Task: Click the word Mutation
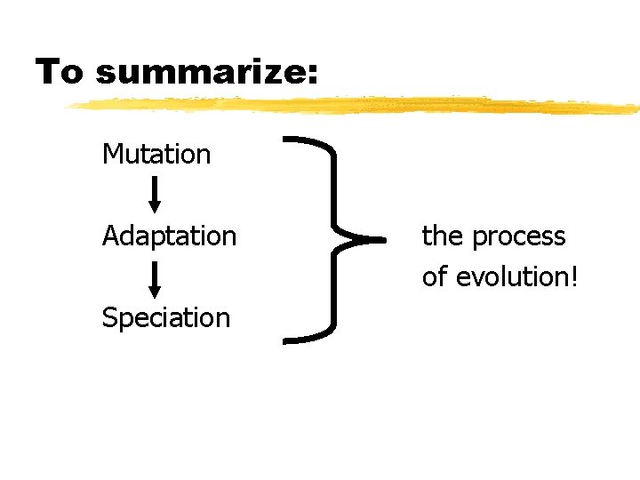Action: pyautogui.click(x=156, y=154)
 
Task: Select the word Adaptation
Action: pyautogui.click(x=169, y=236)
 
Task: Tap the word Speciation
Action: pyautogui.click(x=166, y=317)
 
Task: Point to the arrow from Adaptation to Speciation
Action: pyautogui.click(x=155, y=278)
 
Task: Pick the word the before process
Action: pyautogui.click(x=443, y=236)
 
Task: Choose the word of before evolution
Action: pyautogui.click(x=434, y=276)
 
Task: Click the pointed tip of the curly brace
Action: pyautogui.click(x=379, y=239)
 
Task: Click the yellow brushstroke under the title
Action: pyautogui.click(x=356, y=106)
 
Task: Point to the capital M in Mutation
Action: pyautogui.click(x=112, y=154)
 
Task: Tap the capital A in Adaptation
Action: pyautogui.click(x=110, y=236)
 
